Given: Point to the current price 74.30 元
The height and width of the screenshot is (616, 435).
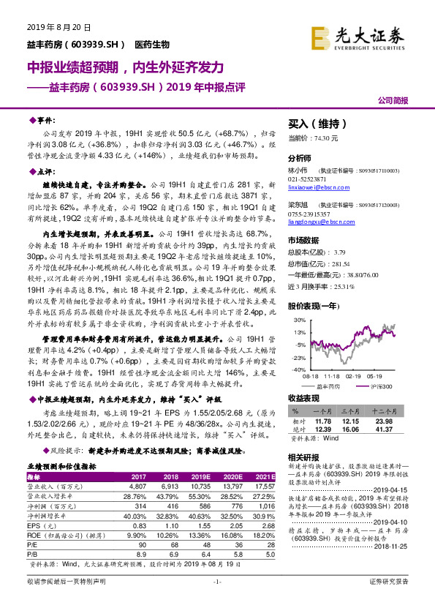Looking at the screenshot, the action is click(x=303, y=138).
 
